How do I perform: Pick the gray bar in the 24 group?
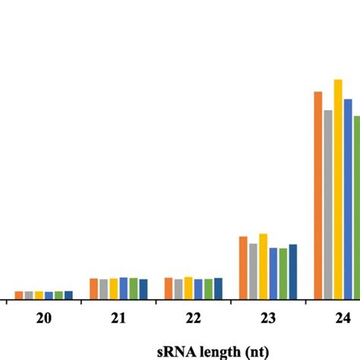coord(329,204)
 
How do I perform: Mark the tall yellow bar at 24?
coord(339,189)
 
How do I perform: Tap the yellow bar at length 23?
coord(264,266)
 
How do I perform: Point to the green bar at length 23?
coord(283,273)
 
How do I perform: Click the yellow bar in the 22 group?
coord(188,288)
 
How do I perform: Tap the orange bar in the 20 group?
coord(19,295)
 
